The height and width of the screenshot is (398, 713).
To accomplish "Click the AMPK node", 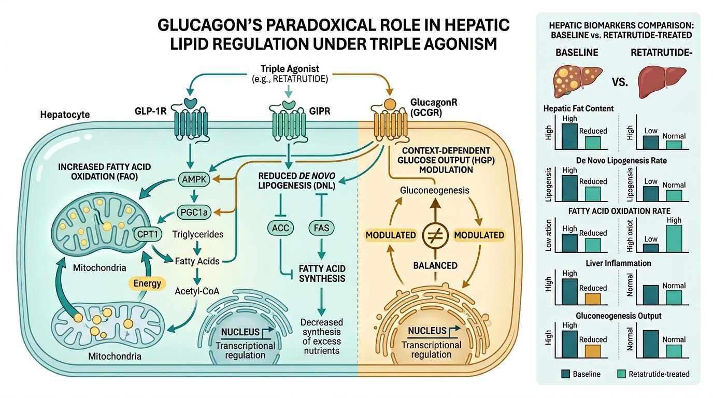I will tap(193, 179).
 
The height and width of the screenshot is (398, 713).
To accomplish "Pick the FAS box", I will tap(321, 227).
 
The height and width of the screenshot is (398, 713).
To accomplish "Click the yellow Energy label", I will tap(147, 283).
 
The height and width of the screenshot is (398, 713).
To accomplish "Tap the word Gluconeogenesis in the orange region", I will tap(435, 190).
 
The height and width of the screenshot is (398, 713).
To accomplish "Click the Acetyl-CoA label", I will tap(197, 291).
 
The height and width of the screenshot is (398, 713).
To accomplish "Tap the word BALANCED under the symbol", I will tap(435, 265).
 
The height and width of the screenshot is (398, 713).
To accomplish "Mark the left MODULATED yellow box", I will tap(391, 235).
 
